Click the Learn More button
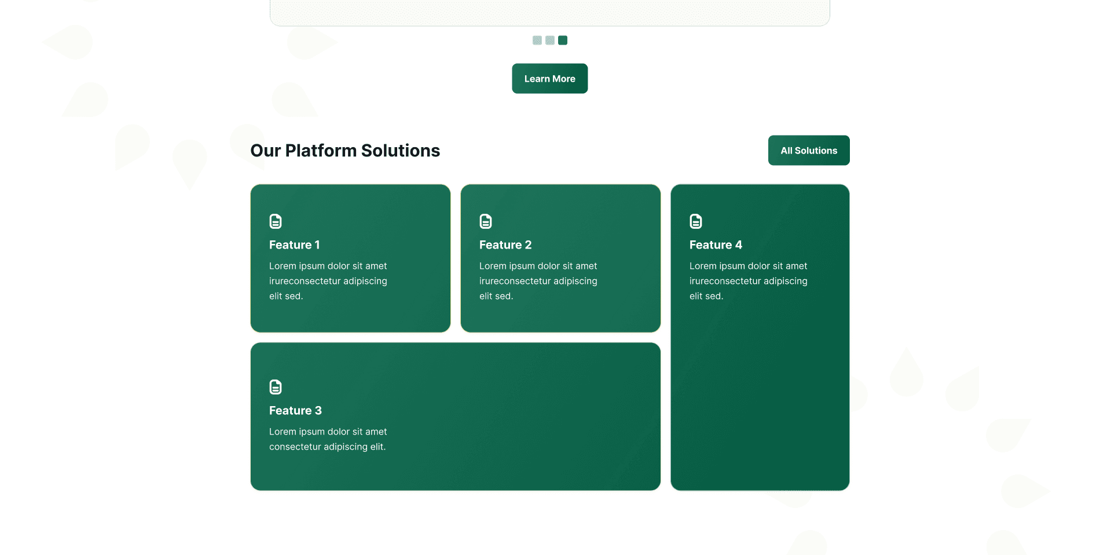[549, 79]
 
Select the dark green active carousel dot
[563, 41]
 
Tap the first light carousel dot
[537, 41]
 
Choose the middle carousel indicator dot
[550, 41]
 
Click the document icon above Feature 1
[276, 221]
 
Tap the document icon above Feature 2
[486, 221]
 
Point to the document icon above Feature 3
[276, 387]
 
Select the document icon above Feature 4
[696, 221]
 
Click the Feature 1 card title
[294, 245]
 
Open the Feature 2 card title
[505, 245]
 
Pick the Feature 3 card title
[295, 411]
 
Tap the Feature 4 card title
[716, 245]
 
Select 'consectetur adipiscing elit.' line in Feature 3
[327, 447]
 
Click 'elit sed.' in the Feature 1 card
[286, 296]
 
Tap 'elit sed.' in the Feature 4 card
[706, 296]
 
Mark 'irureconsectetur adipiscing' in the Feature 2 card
[538, 281]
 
